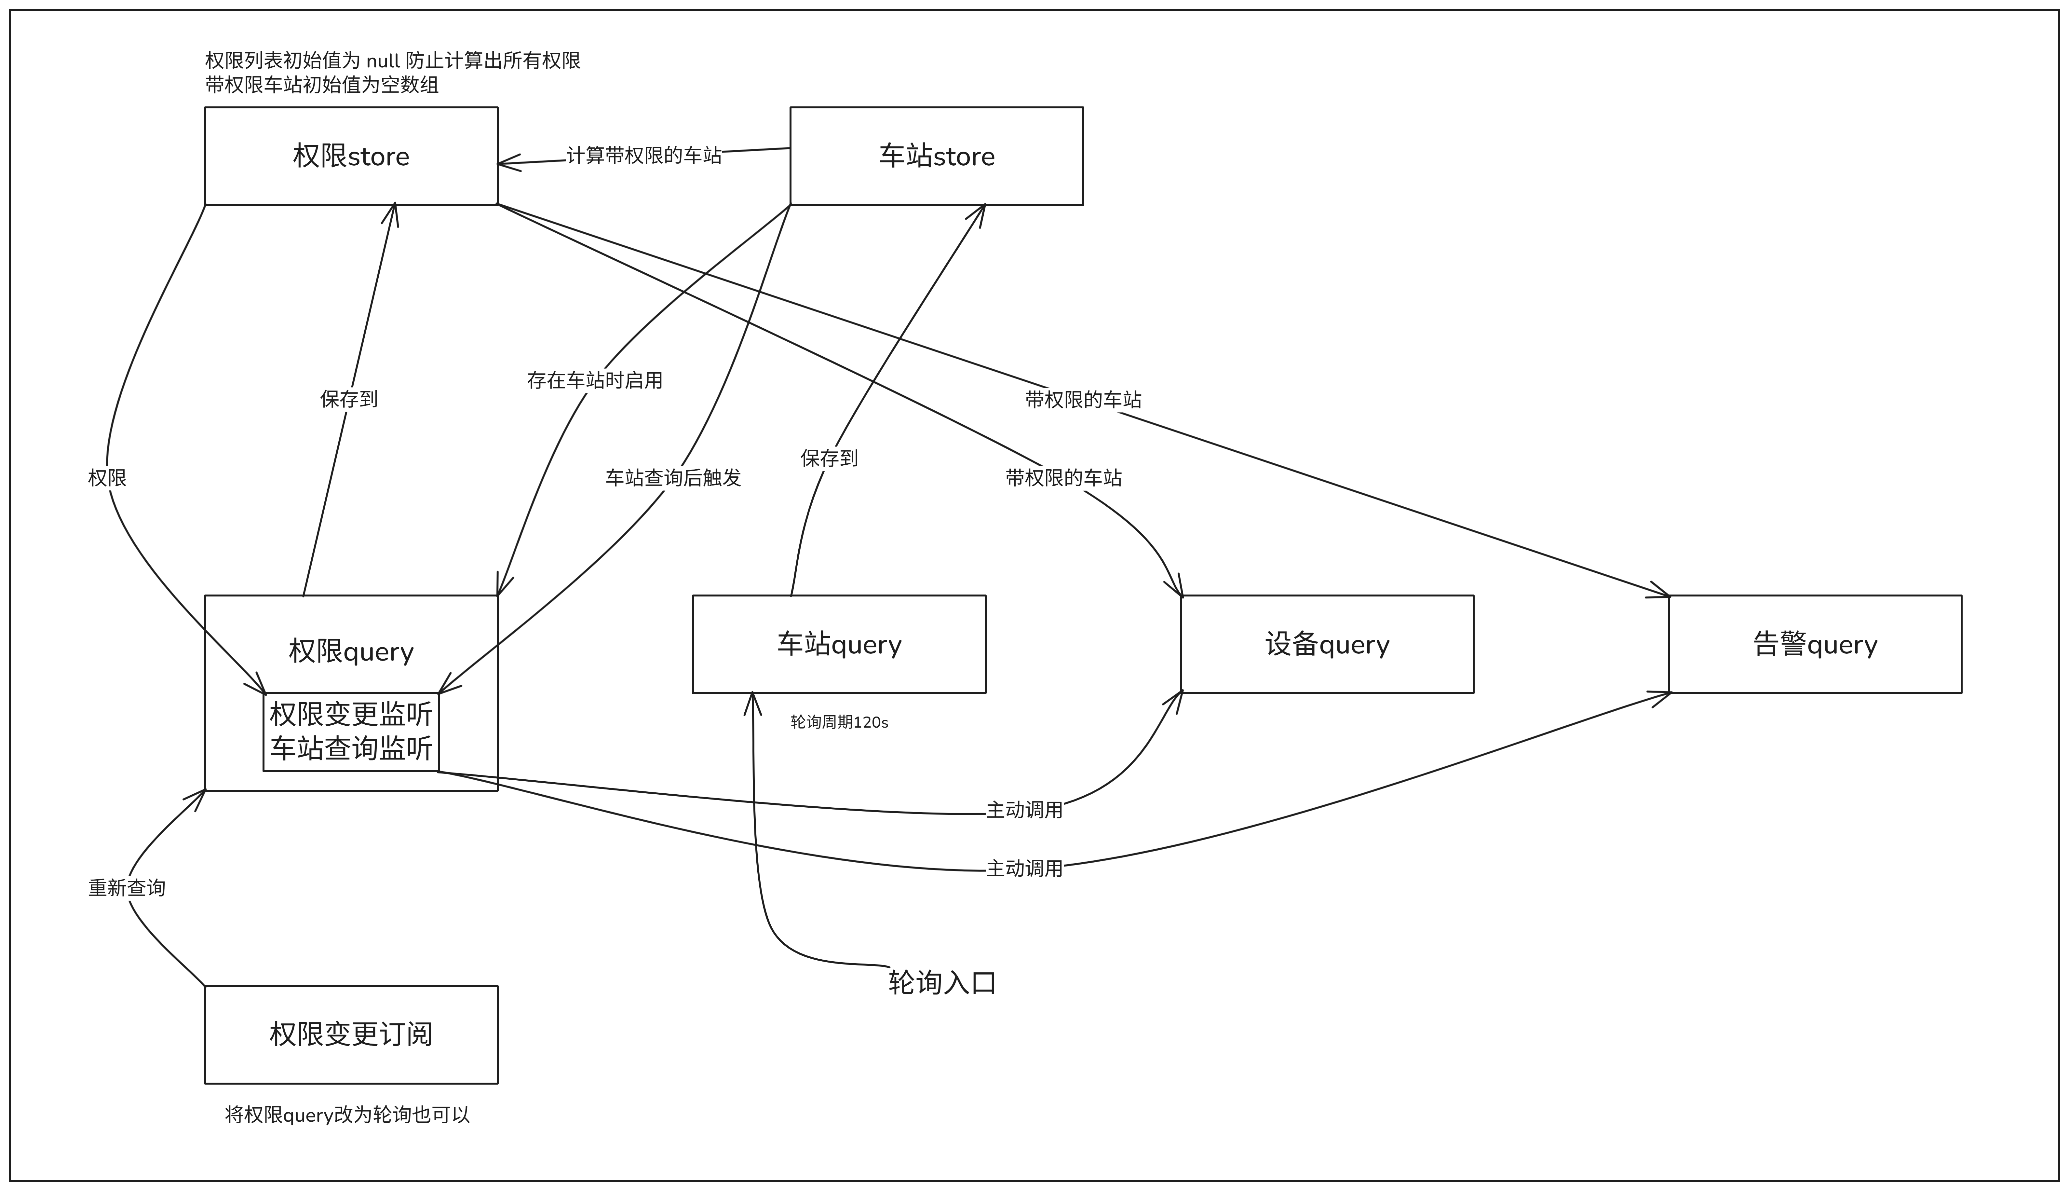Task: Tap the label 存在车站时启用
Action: (595, 380)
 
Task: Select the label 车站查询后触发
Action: (673, 478)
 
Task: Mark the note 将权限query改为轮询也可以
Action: (347, 1115)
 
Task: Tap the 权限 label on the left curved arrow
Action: (107, 478)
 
